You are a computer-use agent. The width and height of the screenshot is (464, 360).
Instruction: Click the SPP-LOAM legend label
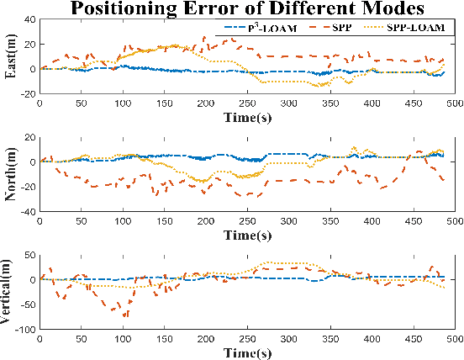coord(422,40)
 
